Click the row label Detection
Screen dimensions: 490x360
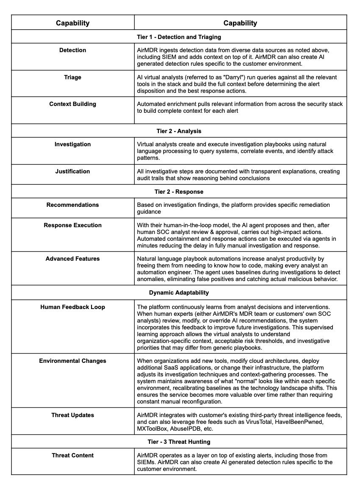[x=72, y=50]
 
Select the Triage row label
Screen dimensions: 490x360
[x=72, y=77]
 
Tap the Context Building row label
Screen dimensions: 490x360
[x=72, y=104]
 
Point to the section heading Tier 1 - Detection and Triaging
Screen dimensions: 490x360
[x=179, y=37]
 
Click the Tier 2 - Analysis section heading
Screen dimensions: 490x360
[x=179, y=131]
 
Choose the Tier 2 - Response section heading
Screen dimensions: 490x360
[x=179, y=192]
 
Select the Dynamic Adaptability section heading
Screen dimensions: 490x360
[x=179, y=292]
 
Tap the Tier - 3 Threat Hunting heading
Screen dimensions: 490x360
[x=179, y=442]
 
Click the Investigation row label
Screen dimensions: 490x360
[x=72, y=144]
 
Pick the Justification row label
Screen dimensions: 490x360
[x=72, y=171]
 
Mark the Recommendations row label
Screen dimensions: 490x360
[x=72, y=205]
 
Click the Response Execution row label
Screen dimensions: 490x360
[x=72, y=225]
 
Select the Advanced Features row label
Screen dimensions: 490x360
[x=72, y=259]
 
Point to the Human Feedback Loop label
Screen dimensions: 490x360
[x=72, y=307]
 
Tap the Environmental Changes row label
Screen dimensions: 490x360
[x=72, y=361]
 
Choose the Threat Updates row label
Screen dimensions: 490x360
[x=72, y=415]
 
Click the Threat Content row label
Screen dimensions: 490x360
[x=72, y=455]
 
